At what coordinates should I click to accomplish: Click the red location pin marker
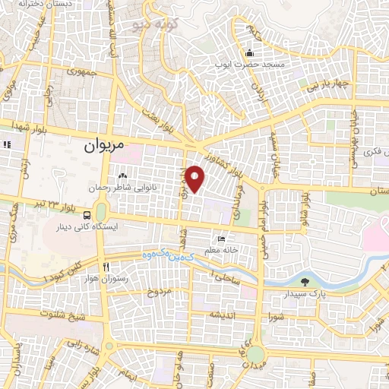pos(196,179)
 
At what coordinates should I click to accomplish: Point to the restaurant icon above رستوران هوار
pos(106,267)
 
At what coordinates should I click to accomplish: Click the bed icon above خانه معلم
pos(221,239)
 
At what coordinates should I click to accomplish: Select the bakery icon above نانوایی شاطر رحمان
pos(123,177)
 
